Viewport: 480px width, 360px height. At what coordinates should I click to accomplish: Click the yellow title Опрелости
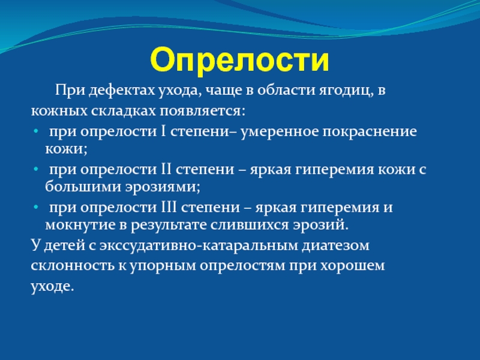(239, 61)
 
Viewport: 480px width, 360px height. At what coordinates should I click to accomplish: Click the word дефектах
(122, 91)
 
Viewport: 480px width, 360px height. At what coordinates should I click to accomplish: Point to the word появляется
(202, 111)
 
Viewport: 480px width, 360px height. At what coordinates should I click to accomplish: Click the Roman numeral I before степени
(163, 131)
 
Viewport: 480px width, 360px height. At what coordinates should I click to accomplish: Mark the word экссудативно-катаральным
(199, 245)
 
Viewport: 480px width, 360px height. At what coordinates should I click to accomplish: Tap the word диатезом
(335, 245)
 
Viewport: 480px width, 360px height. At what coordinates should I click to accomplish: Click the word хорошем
(352, 266)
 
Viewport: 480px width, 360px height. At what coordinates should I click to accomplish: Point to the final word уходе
(52, 286)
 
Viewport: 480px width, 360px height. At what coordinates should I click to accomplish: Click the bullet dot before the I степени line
(36, 131)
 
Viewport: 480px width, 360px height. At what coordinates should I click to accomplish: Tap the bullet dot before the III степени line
(36, 208)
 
